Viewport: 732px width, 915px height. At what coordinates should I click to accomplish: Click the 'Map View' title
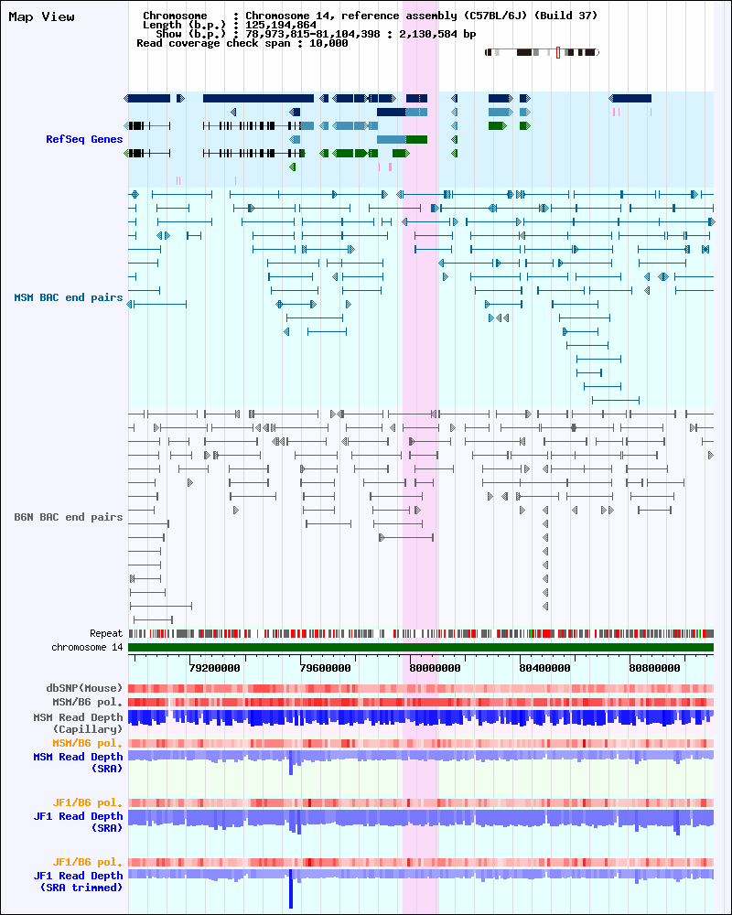coord(42,17)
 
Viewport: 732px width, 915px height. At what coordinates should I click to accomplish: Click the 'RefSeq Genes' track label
coord(84,139)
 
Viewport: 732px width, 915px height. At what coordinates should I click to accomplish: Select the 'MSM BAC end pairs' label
coord(69,297)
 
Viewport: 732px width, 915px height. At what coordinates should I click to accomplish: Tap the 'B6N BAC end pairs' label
coord(69,517)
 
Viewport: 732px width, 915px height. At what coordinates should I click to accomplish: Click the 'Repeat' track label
coord(106,633)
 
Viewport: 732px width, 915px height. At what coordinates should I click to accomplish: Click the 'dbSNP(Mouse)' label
coord(84,688)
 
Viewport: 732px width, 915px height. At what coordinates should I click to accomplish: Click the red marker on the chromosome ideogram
coord(558,53)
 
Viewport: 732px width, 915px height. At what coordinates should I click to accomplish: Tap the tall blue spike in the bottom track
coord(291,889)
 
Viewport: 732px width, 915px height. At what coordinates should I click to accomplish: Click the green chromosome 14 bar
coord(421,648)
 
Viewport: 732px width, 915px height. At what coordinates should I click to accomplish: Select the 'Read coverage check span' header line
coord(242,43)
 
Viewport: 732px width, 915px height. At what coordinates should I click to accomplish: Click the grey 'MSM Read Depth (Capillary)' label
coord(78,723)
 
